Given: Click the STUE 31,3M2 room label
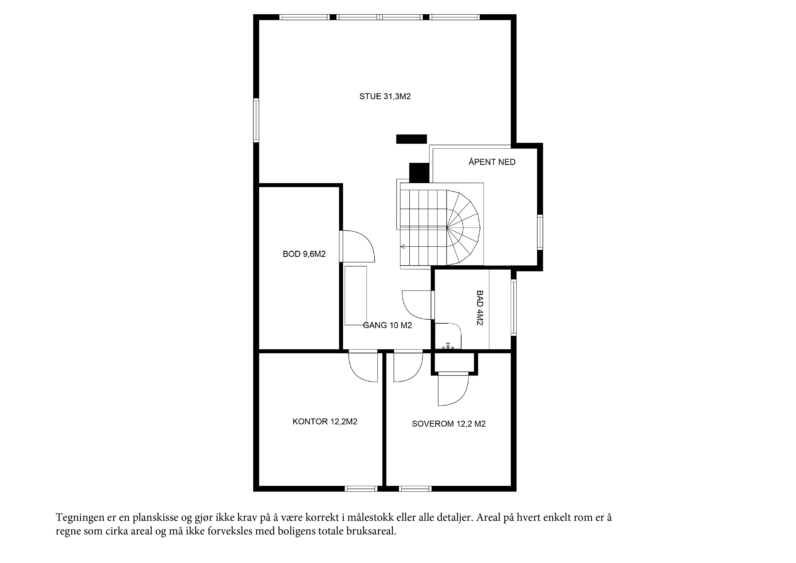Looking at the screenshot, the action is click(385, 96).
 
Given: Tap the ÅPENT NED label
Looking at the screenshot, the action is click(492, 162).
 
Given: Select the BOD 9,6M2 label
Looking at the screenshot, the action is click(304, 254).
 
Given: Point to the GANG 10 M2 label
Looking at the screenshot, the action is click(387, 325).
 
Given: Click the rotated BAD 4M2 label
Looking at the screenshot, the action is click(480, 308).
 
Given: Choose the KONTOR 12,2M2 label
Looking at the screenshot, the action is click(325, 422).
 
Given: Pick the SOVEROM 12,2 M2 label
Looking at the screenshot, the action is click(449, 424).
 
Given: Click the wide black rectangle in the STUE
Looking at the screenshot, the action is click(412, 139).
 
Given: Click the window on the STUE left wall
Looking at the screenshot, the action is click(256, 120).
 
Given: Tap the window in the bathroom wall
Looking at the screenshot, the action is click(514, 307).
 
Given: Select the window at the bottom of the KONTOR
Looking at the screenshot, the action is click(361, 489).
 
